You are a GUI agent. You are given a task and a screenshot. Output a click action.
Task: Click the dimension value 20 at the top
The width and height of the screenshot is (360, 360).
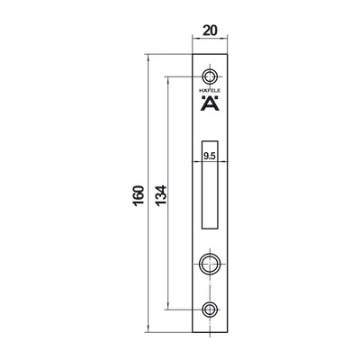coord(210,31)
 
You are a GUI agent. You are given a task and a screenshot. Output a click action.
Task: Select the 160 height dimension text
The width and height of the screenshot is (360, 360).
coord(139,195)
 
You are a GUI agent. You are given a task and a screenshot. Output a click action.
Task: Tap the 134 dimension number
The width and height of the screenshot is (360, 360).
coord(161,195)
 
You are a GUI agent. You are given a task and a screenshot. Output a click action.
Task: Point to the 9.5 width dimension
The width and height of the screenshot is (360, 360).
coord(210,156)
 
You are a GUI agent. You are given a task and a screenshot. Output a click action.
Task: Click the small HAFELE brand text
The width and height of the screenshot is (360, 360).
coord(210,91)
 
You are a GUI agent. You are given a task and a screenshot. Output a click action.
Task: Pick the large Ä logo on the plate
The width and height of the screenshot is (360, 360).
coord(210,103)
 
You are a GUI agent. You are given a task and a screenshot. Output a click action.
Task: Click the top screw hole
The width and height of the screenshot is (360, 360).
coord(210,77)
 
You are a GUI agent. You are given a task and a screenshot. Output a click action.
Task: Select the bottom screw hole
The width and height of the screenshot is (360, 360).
coord(210,310)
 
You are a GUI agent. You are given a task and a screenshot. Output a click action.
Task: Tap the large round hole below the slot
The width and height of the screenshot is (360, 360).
coord(210,265)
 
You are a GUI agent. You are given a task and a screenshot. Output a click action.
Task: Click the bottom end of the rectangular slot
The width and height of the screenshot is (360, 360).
coord(210,228)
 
